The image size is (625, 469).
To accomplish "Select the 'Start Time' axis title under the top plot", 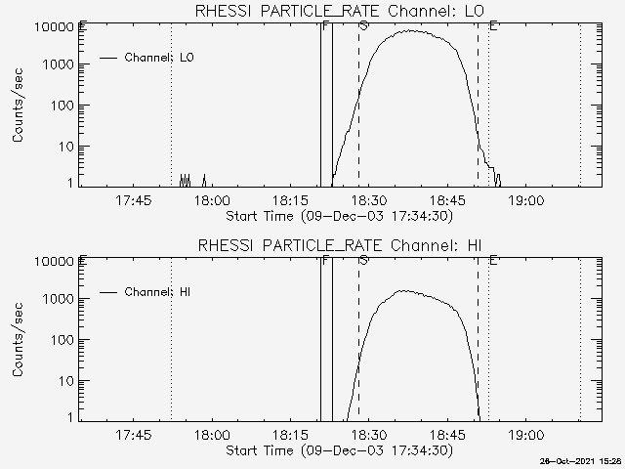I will click(337, 216).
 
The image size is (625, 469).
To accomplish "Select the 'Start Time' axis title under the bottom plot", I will click(337, 450).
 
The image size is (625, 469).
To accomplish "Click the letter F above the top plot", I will click(324, 24).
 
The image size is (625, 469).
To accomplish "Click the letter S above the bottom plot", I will click(363, 259).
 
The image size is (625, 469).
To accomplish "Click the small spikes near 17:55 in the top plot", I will click(186, 180).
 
